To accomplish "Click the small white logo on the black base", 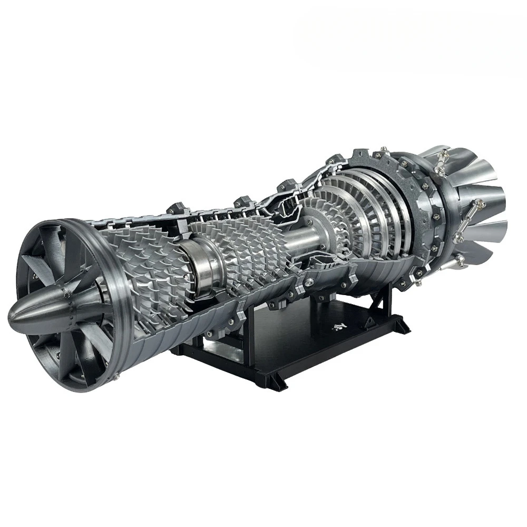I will click(x=337, y=327).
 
